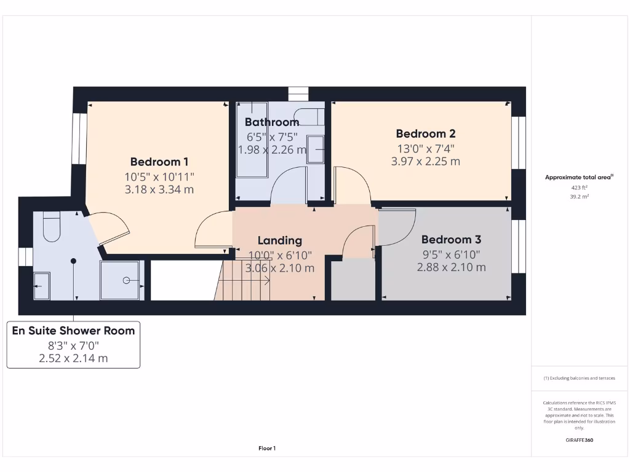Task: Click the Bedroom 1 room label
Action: coord(159,162)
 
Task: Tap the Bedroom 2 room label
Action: coord(425,133)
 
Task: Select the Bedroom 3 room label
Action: coord(451,240)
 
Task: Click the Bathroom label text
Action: coord(272,122)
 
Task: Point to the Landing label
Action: coord(279,240)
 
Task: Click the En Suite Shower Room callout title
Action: coord(73,331)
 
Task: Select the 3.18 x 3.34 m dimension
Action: coord(159,190)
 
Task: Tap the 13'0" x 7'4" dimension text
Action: coord(425,148)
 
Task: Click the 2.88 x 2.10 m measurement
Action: coord(451,267)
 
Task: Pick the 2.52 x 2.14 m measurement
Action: coord(73,358)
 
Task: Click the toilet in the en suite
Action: coord(51,226)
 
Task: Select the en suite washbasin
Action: coord(42,286)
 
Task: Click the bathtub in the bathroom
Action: coord(252,140)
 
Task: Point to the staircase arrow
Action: coord(246,280)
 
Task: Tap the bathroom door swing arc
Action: coord(289,184)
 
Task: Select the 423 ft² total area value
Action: coord(578,189)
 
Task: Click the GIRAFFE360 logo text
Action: coord(579,440)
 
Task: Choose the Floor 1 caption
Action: coord(266,449)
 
